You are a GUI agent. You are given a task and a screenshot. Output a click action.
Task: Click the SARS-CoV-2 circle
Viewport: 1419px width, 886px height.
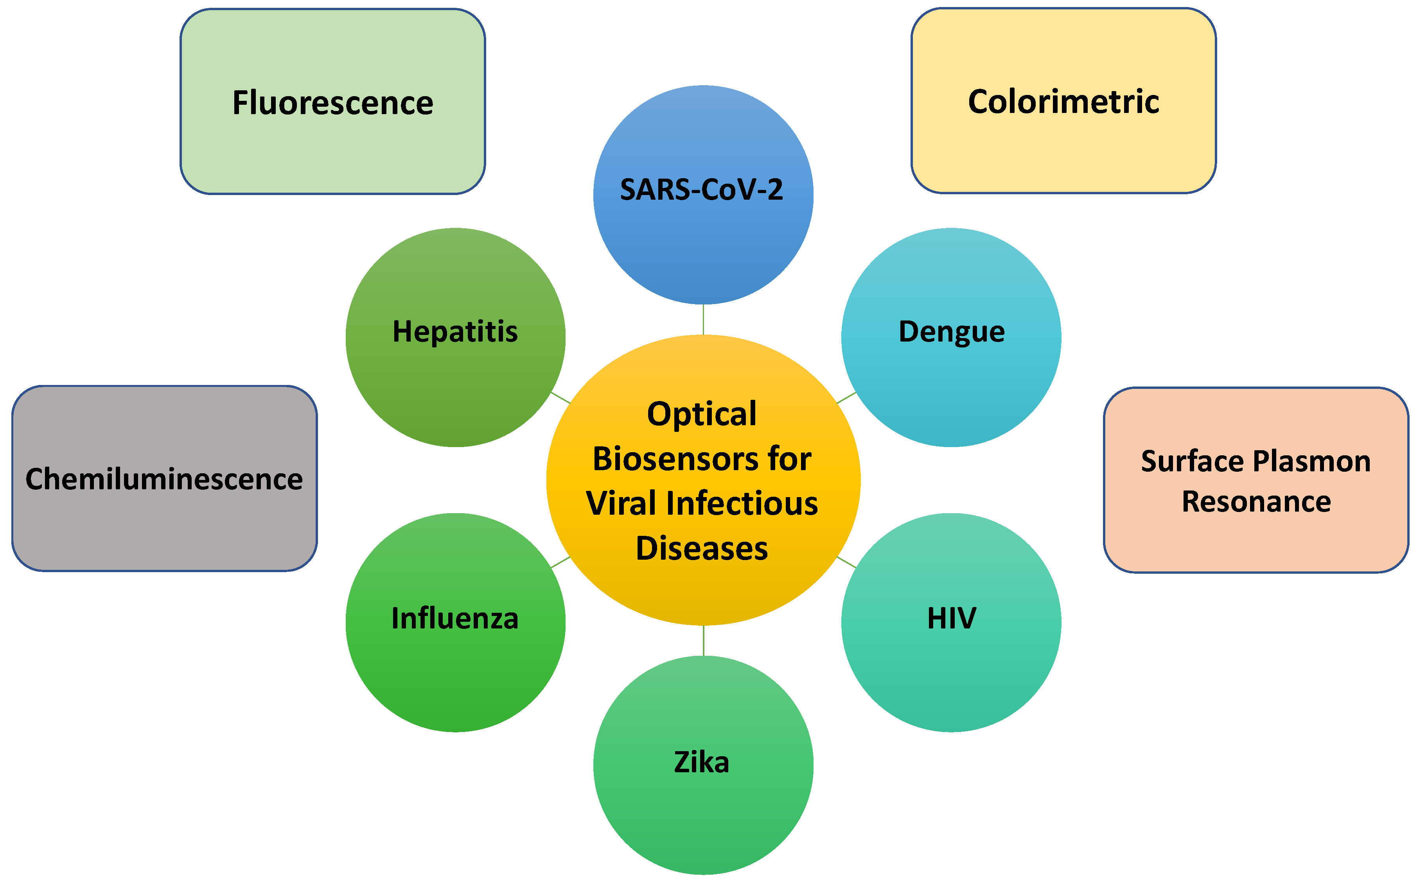[x=703, y=195]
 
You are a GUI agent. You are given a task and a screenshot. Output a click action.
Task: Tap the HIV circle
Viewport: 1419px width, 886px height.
[x=951, y=622]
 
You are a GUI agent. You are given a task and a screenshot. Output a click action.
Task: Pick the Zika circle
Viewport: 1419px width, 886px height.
[x=703, y=765]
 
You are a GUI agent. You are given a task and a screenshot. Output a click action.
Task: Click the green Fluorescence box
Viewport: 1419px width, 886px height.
[x=332, y=101]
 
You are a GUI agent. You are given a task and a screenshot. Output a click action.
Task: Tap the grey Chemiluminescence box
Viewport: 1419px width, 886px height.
[x=164, y=478]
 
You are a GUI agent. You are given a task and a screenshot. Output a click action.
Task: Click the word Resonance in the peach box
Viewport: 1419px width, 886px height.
[x=1256, y=501]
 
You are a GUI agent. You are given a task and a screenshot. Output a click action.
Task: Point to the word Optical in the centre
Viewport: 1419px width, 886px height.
[x=702, y=414]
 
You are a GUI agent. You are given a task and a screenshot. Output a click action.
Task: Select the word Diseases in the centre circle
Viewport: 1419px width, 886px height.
[x=702, y=548]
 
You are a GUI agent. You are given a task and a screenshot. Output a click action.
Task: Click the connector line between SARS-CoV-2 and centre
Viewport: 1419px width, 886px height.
[x=703, y=319]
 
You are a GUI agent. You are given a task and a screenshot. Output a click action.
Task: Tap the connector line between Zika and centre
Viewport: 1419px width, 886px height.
[x=703, y=641]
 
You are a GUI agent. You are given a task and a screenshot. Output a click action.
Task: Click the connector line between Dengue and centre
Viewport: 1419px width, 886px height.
[x=846, y=398]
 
